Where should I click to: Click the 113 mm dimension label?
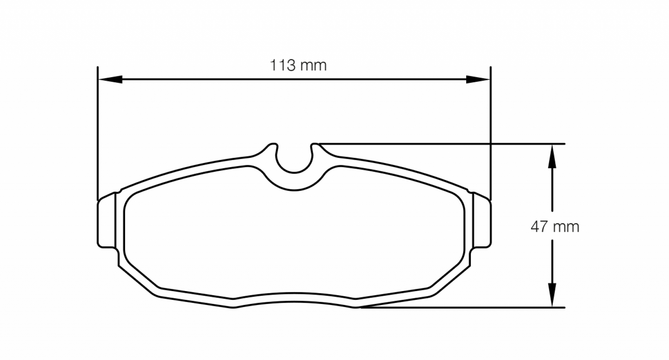[x=298, y=65]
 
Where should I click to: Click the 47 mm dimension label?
[x=554, y=227]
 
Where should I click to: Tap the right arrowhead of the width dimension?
[x=478, y=80]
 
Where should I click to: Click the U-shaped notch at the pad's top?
[x=294, y=160]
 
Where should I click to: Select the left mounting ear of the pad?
[x=107, y=221]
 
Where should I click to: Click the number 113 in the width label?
[x=282, y=65]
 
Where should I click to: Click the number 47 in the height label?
[x=539, y=227]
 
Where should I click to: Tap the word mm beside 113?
[x=313, y=65]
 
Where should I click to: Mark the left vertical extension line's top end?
[x=98, y=68]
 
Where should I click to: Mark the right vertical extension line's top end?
[x=490, y=68]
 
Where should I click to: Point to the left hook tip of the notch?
[x=273, y=144]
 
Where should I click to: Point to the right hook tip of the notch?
[x=315, y=145]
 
